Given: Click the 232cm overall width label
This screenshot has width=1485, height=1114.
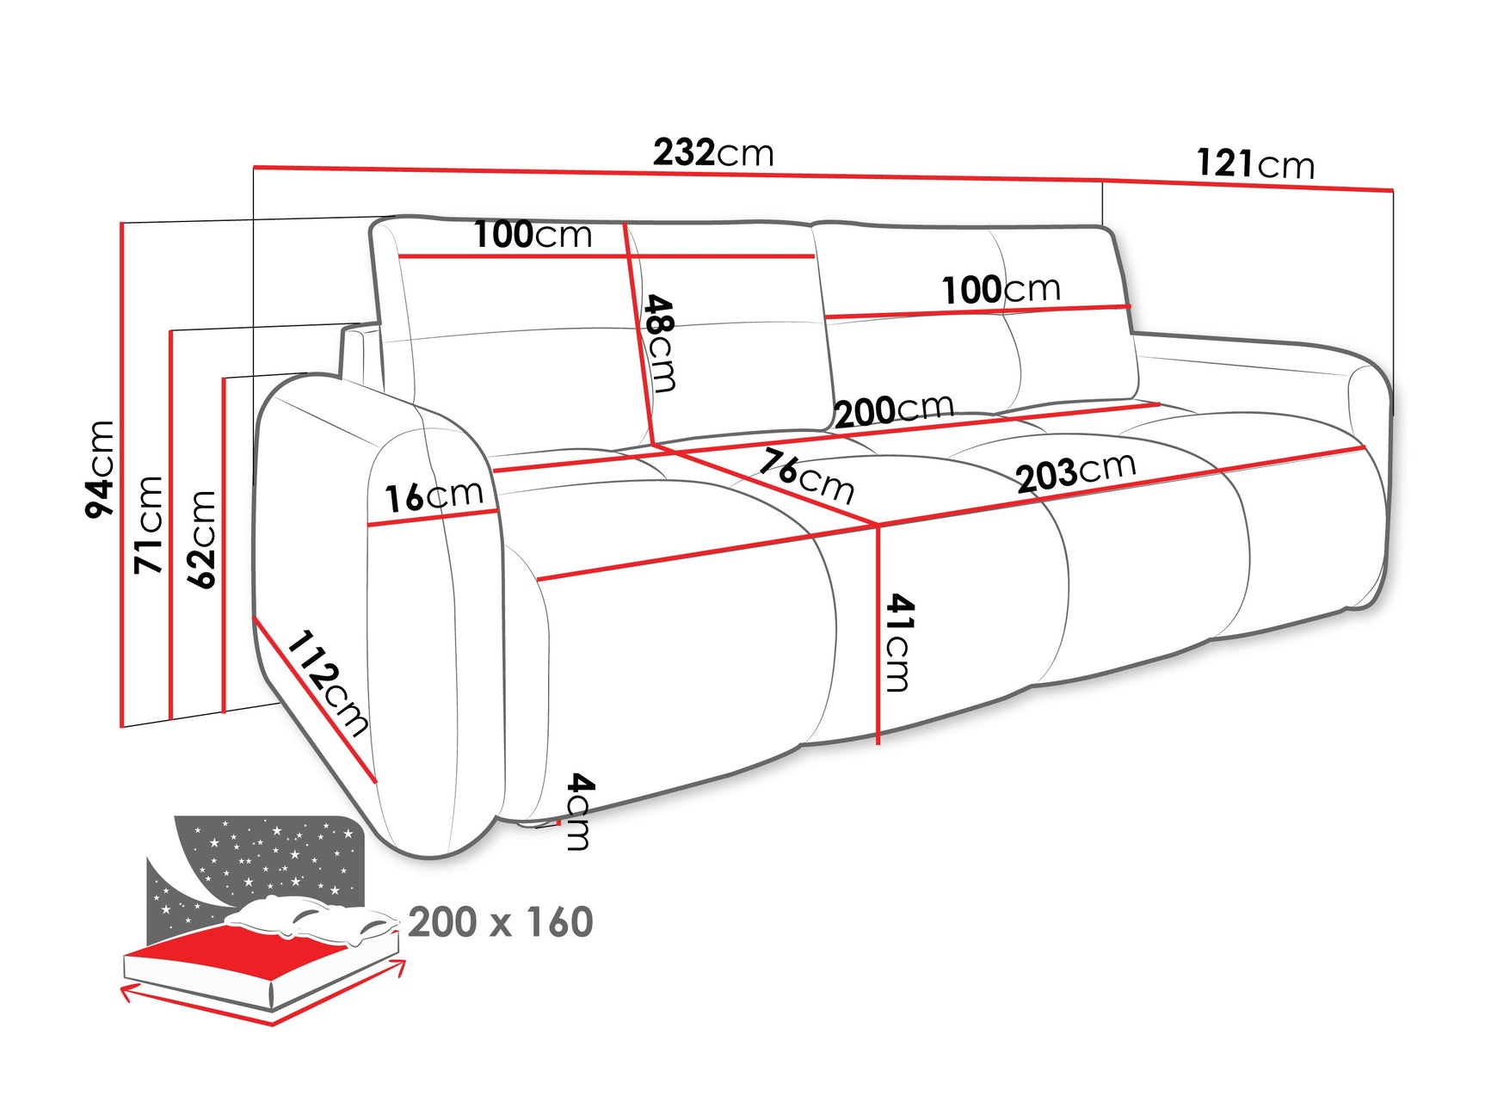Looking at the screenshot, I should click(713, 153).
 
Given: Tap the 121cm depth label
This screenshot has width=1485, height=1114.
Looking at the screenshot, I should click(1255, 163).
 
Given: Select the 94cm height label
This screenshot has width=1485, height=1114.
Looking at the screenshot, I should click(100, 469).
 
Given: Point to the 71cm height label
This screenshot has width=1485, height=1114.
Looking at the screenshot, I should click(149, 524).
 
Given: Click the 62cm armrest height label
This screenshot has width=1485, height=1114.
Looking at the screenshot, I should click(202, 539).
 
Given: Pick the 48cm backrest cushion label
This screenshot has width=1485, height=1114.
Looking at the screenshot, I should click(661, 343).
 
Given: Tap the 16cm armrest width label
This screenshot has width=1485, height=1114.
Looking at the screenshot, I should click(434, 495).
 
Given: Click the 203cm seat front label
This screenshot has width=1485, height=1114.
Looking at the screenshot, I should click(1075, 472).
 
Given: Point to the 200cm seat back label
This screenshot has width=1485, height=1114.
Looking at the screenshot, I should click(894, 409).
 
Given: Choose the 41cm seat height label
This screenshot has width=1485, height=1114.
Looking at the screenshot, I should click(899, 642).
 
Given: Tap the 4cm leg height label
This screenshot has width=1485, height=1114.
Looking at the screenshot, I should click(580, 811).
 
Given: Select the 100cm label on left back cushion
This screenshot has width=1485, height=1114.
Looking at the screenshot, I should click(533, 234).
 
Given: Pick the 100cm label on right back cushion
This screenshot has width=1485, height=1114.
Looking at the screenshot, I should click(1001, 289).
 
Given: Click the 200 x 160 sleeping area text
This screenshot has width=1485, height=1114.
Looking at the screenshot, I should click(500, 922).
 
